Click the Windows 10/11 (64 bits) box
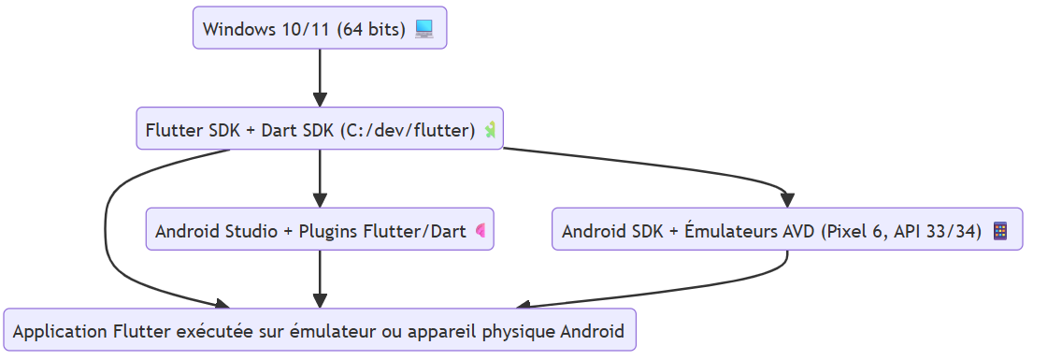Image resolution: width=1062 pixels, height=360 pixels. [320, 28]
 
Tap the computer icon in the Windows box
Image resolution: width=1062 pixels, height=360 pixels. [424, 29]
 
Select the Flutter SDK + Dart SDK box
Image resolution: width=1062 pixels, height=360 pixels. [320, 129]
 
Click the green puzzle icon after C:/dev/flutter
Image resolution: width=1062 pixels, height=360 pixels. [490, 130]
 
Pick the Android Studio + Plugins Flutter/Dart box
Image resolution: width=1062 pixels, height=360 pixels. [320, 230]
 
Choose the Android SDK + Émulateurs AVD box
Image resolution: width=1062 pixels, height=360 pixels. [787, 230]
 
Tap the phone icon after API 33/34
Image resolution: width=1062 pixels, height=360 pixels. [999, 231]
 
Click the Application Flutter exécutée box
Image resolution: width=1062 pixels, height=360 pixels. [320, 330]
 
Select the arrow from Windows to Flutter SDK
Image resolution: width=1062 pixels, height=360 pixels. [320, 79]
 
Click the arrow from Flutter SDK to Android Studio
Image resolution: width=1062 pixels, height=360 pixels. [320, 178]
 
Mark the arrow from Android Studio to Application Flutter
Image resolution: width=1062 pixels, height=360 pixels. [320, 279]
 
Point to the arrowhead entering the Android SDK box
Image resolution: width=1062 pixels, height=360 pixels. [787, 200]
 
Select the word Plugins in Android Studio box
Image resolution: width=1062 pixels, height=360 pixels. [325, 231]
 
